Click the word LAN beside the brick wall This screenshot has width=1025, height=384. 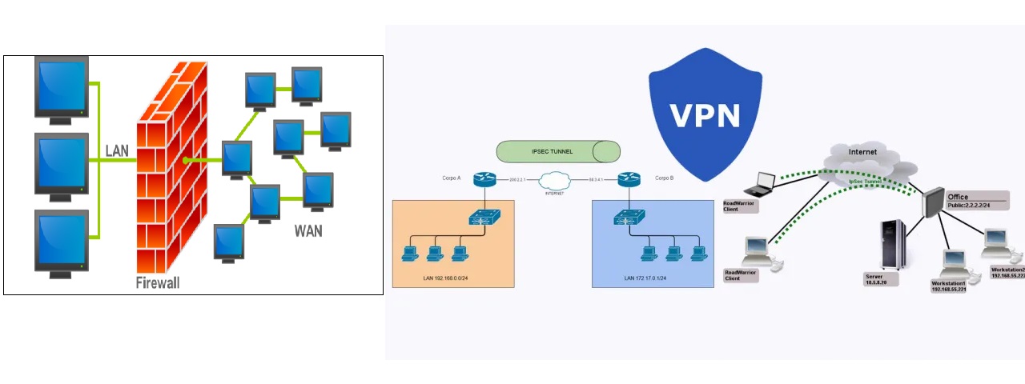pos(118,150)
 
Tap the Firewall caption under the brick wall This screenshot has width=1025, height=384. pos(158,282)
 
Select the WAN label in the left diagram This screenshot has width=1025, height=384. pos(308,231)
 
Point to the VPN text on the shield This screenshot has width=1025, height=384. pos(705,114)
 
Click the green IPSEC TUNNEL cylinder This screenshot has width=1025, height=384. pos(558,151)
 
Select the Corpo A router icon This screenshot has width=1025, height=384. pos(484,179)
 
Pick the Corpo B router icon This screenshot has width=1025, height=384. pos(630,179)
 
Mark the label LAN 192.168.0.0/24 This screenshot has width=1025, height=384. pos(446,278)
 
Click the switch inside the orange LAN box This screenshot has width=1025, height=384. pos(485,216)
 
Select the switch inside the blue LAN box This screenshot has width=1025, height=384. pos(630,216)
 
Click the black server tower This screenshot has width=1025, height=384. pos(893,245)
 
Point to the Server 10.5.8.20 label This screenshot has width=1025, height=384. pos(882,279)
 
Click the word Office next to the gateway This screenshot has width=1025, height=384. pos(958,197)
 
